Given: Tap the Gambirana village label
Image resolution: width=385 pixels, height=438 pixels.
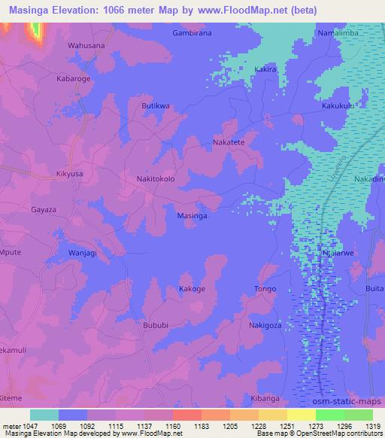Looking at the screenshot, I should [192, 34].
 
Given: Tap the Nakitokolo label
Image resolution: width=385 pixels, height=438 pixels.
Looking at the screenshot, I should [156, 180].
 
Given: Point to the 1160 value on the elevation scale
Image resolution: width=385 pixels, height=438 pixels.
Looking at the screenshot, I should [172, 426].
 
